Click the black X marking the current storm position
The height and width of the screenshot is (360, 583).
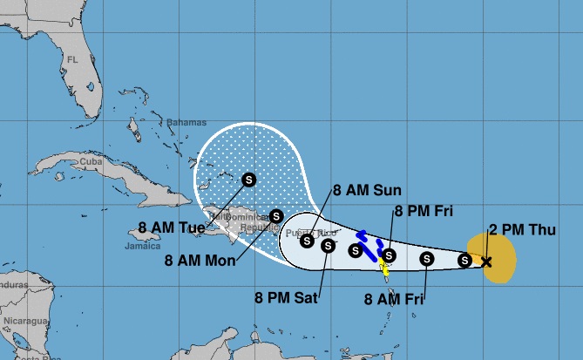click(486, 261)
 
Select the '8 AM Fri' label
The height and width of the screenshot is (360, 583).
click(392, 298)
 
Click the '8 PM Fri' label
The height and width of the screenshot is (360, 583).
click(424, 210)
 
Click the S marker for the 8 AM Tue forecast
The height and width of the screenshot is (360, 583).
click(248, 179)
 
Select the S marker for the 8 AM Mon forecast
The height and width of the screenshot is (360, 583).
click(276, 215)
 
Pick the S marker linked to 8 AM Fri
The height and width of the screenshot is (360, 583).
click(427, 258)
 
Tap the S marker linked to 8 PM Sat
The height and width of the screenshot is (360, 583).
click(328, 245)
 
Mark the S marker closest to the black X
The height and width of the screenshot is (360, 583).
click(465, 259)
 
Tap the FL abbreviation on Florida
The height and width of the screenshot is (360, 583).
click(73, 59)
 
